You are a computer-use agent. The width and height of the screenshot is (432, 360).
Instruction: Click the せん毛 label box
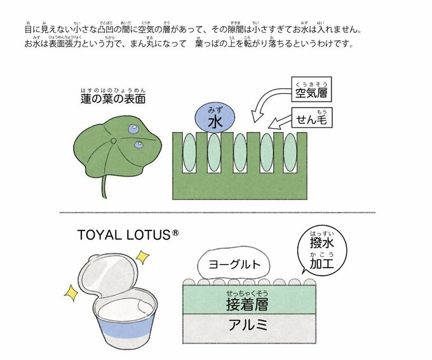312,118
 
